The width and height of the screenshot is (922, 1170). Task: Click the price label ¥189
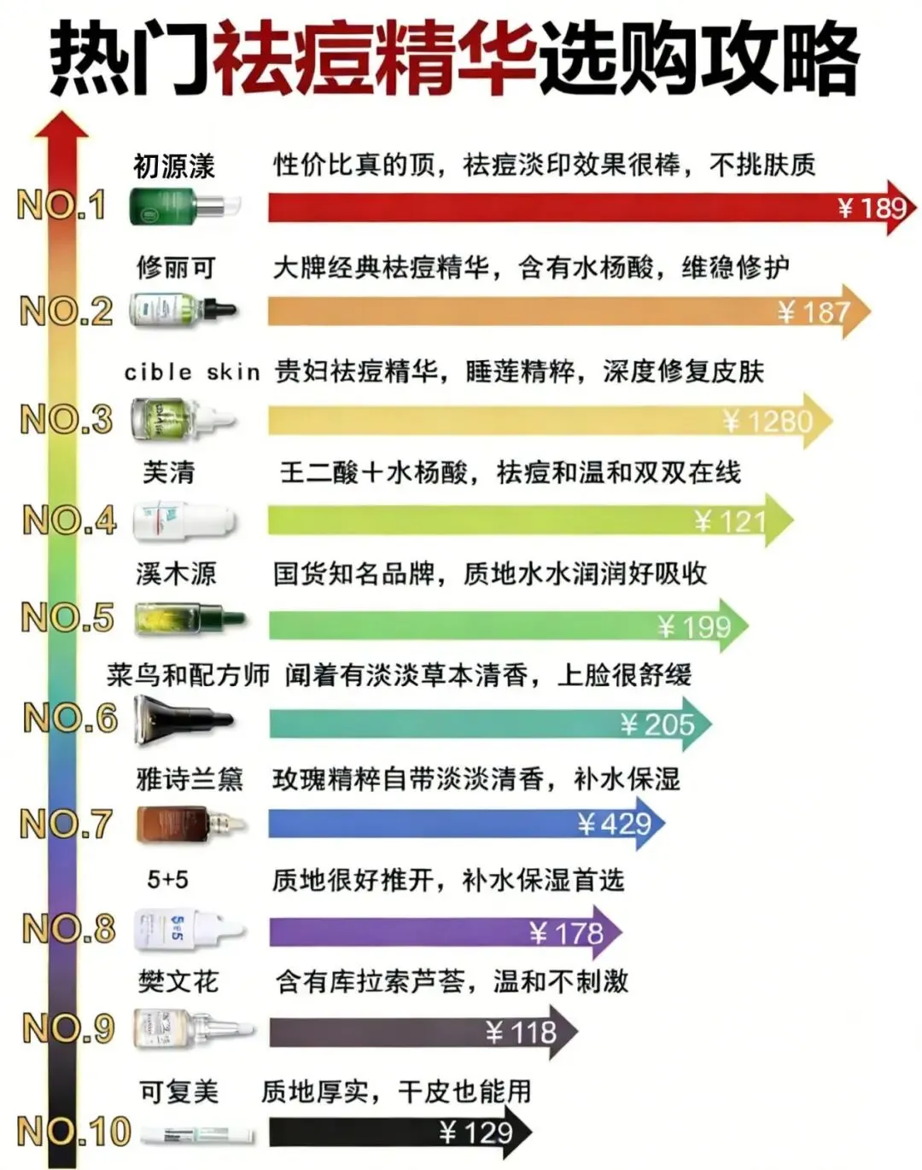pos(872,207)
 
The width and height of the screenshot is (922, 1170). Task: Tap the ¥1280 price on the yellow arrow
pos(767,421)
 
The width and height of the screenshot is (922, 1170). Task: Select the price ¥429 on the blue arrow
pos(615,824)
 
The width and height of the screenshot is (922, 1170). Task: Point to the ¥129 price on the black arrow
pos(476,1132)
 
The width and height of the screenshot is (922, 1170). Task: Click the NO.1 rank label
pos(61,205)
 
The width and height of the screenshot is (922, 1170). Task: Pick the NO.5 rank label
pos(67,617)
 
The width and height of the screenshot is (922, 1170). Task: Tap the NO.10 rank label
pos(73,1132)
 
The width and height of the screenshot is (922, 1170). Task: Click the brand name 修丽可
pos(176,267)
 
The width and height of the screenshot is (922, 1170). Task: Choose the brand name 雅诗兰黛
pos(190,778)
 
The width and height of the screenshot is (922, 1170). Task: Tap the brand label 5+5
pos(167,879)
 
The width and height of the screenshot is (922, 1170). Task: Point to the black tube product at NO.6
pos(182,719)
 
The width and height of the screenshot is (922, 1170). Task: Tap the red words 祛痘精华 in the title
pos(375,58)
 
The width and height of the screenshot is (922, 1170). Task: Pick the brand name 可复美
pos(179,1091)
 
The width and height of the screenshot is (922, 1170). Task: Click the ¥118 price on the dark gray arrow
pos(521,1033)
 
